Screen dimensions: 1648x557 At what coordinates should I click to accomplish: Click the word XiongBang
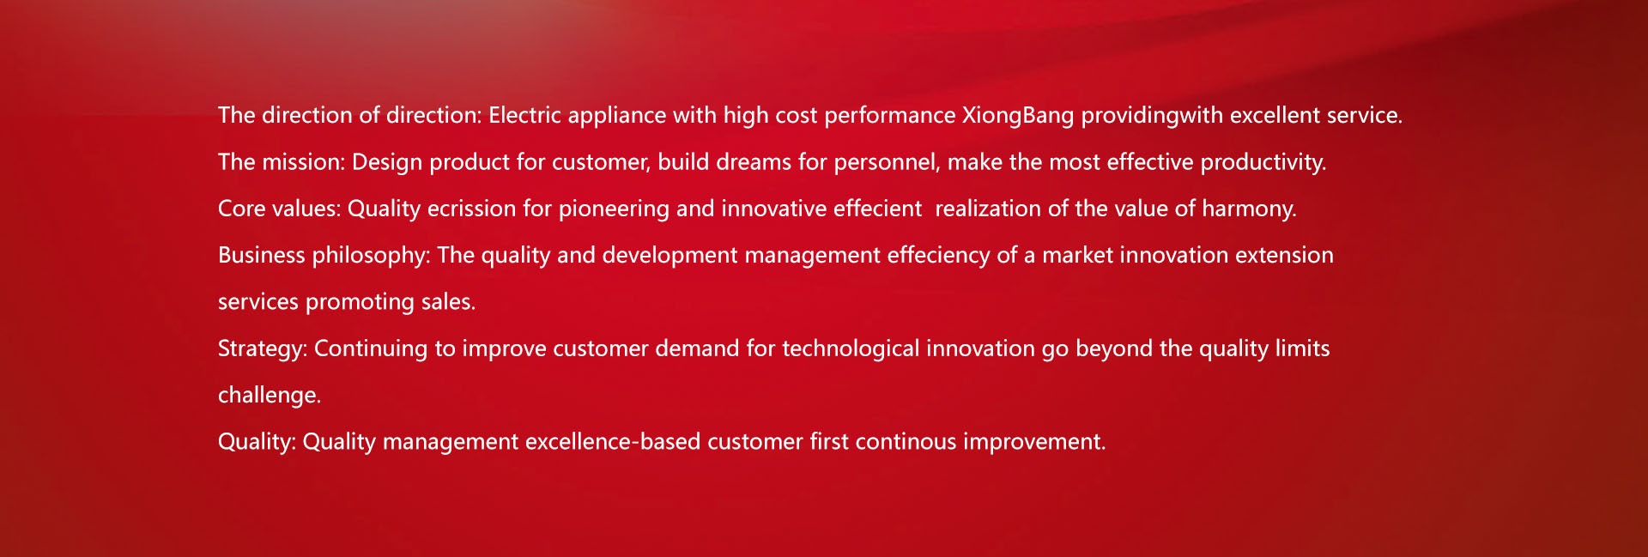1018,116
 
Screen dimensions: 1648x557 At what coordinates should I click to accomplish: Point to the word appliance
617,116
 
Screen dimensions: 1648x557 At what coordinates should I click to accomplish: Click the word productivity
1263,162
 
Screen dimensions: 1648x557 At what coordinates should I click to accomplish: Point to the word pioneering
614,209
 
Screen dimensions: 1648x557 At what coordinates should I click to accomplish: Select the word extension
1284,255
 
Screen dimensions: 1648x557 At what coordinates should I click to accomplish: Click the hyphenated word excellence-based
613,441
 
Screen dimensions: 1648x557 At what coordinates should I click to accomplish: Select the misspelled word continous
906,441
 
